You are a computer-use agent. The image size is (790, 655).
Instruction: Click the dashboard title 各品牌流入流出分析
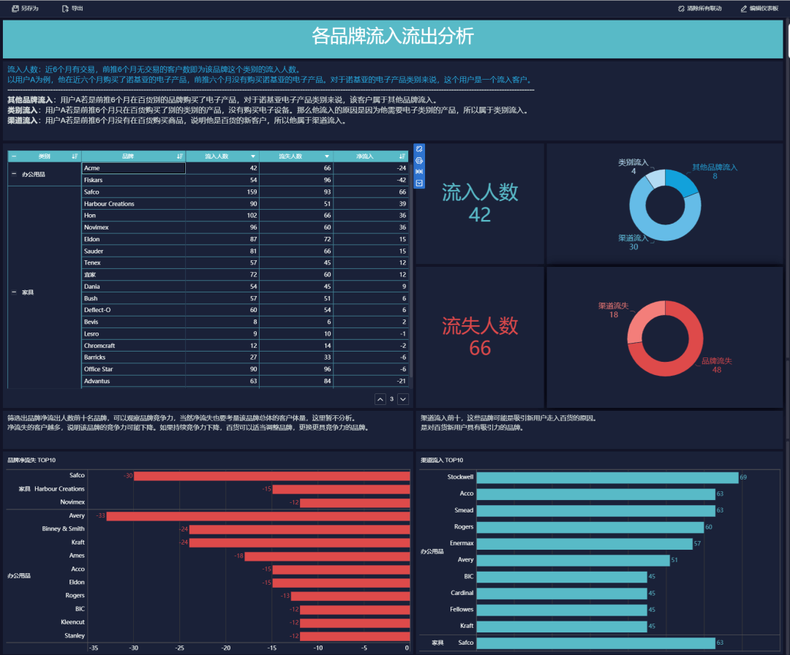tap(393, 37)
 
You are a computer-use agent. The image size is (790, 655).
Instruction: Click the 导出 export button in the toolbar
tap(72, 8)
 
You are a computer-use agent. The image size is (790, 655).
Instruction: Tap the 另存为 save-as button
tap(26, 8)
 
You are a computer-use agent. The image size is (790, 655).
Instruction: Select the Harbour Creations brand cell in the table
tap(110, 204)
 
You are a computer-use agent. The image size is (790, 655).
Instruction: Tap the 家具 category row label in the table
tap(28, 292)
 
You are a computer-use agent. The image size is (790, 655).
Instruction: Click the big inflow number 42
tap(480, 215)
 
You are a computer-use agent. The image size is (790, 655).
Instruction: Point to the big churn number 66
tap(480, 348)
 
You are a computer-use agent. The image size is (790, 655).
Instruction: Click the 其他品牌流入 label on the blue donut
tap(715, 167)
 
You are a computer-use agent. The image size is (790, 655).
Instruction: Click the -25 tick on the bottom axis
tap(180, 648)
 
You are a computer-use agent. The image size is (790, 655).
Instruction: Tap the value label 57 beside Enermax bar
tap(697, 544)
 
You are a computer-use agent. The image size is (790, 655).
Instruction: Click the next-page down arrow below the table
tap(403, 399)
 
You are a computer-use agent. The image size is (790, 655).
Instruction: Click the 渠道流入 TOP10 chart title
tap(443, 461)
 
